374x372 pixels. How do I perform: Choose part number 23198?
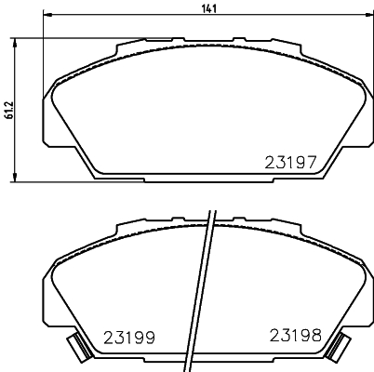(x=293, y=335)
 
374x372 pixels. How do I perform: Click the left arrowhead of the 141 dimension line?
(x=47, y=17)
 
